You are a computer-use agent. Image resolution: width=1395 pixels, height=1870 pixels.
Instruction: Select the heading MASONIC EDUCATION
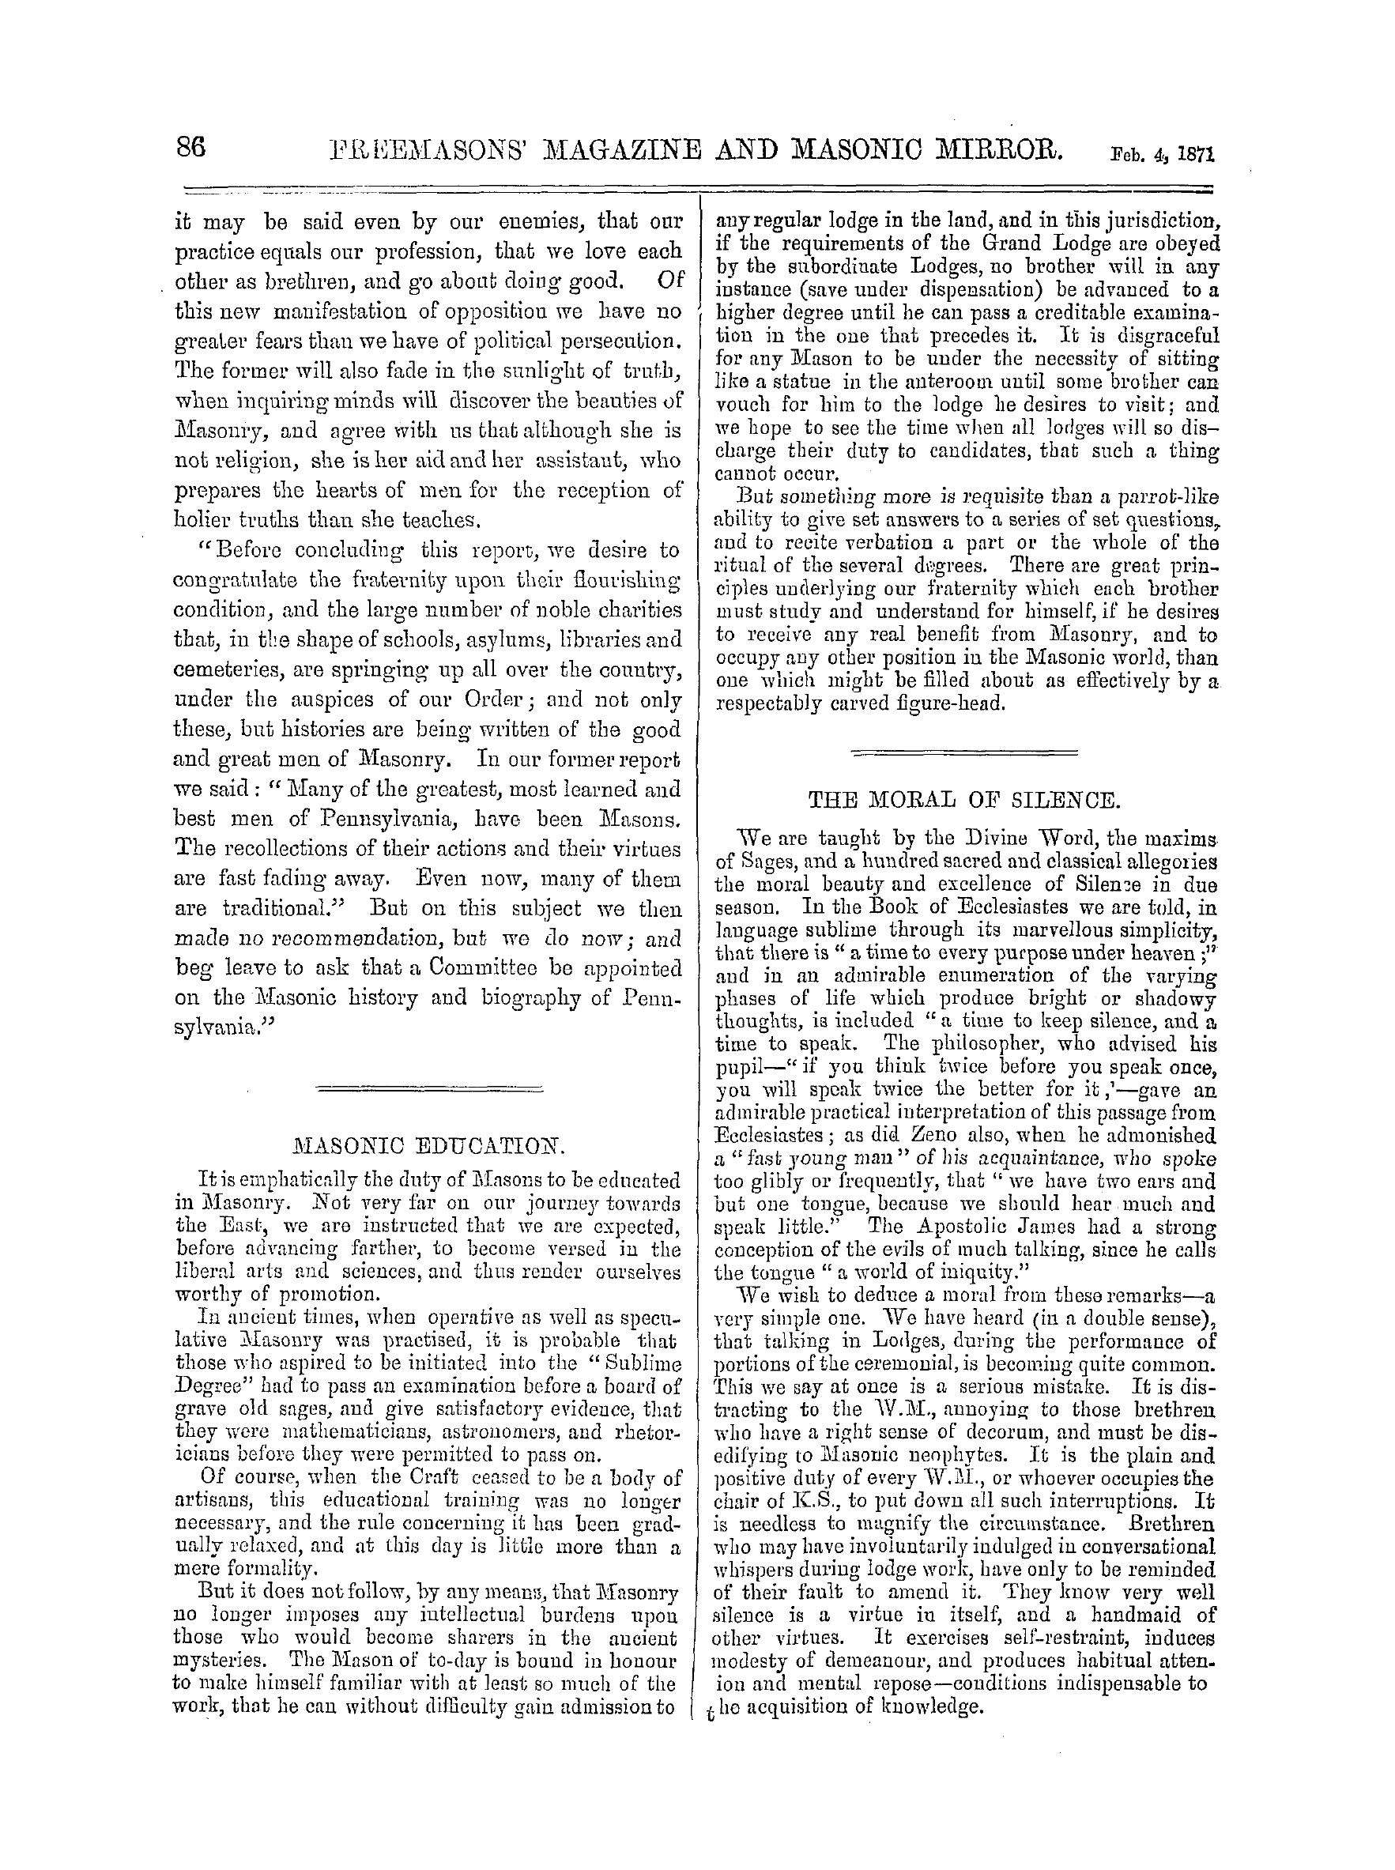click(428, 1147)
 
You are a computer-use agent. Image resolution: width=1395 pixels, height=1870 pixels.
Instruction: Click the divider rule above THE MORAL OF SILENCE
click(964, 751)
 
